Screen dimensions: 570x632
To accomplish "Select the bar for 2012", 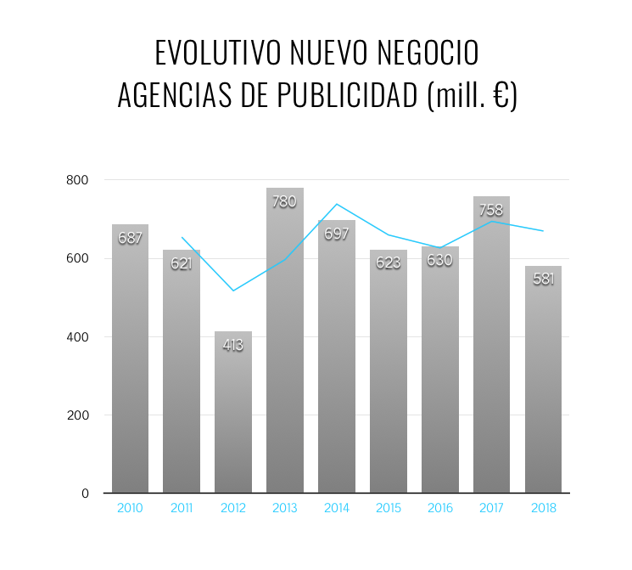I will click(233, 416).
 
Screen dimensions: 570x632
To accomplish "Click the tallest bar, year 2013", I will click(285, 357).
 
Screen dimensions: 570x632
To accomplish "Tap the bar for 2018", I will click(543, 391).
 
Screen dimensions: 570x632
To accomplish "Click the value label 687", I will click(130, 239).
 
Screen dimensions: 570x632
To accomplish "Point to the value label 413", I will click(233, 345).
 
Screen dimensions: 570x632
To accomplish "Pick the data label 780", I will click(285, 202).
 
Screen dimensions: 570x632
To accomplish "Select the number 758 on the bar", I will click(491, 211).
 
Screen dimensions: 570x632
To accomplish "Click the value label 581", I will click(543, 279).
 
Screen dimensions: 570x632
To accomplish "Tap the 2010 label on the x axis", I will click(130, 509).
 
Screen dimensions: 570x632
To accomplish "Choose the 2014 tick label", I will click(337, 509).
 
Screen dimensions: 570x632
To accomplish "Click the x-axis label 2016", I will click(439, 509).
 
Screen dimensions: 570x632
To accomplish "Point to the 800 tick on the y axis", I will click(78, 180).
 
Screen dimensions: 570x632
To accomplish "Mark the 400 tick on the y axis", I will click(78, 337).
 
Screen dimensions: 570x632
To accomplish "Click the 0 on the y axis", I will click(86, 494).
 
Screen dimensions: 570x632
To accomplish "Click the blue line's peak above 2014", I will click(337, 204).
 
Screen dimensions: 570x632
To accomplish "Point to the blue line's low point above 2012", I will click(233, 291).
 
